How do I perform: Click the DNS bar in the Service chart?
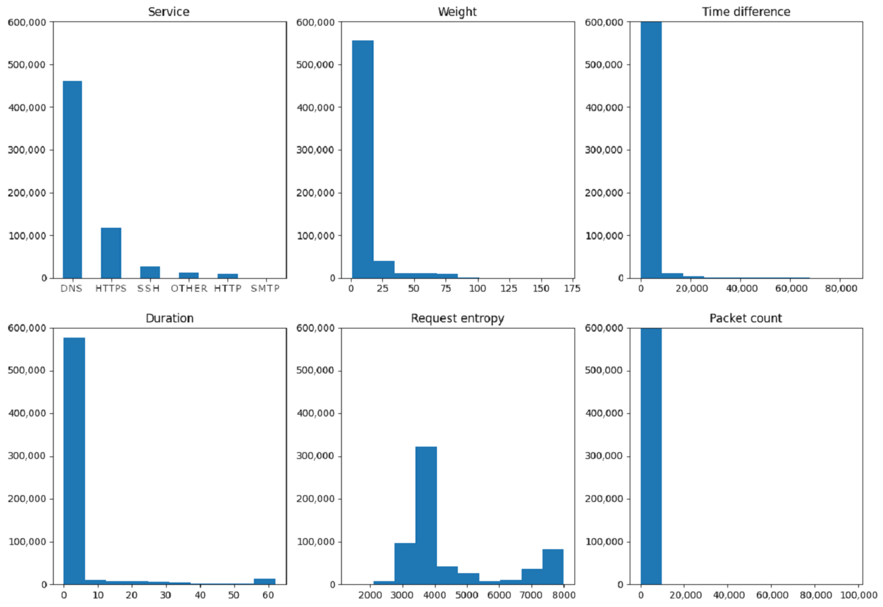pos(72,180)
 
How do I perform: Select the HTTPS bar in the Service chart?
pos(111,253)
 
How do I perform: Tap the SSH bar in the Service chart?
pos(150,272)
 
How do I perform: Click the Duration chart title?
pos(170,318)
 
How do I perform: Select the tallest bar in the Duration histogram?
pos(74,461)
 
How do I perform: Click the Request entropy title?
pos(457,318)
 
